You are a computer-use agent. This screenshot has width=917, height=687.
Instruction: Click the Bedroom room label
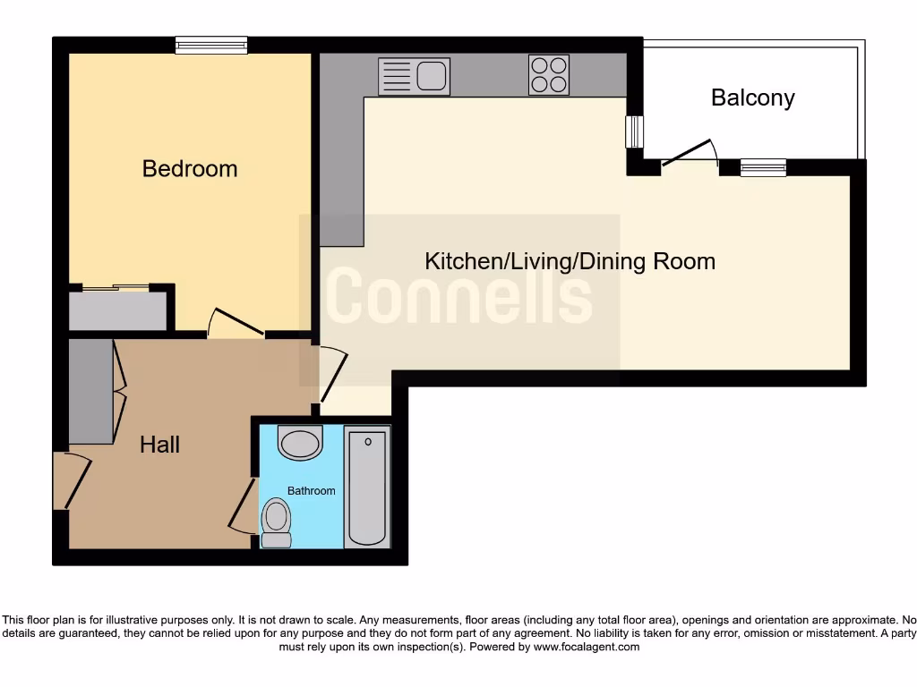tap(190, 168)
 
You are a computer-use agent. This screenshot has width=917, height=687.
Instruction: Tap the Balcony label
tap(752, 98)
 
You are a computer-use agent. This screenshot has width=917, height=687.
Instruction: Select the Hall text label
tap(159, 445)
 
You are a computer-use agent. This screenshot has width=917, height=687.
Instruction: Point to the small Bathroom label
tap(311, 491)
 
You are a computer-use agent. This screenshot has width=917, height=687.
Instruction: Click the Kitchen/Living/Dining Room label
tap(570, 261)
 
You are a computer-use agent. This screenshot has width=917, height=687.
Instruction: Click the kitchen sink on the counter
tap(414, 76)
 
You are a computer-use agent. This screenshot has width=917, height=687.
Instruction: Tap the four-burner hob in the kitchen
tap(549, 75)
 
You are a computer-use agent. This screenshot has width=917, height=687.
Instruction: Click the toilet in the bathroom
tap(277, 522)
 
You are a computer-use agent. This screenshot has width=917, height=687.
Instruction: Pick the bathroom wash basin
tap(300, 442)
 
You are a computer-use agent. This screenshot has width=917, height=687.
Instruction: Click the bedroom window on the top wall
tap(210, 45)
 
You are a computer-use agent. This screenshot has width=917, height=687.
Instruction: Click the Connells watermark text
tap(458, 298)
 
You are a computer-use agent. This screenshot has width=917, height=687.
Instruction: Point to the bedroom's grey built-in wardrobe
tap(116, 310)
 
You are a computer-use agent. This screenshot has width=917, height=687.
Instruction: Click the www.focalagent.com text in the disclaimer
tap(587, 647)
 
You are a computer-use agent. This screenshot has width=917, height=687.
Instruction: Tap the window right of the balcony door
tap(763, 166)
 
